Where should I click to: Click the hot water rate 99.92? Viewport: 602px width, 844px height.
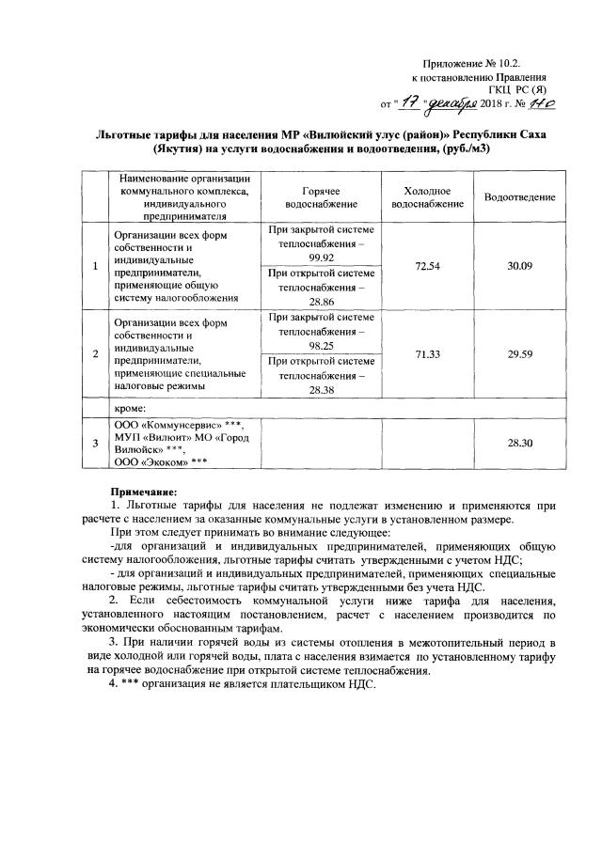(x=322, y=256)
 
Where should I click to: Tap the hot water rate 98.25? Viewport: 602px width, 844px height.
(x=322, y=346)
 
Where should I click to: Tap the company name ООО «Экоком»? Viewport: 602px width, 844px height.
(x=155, y=461)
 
